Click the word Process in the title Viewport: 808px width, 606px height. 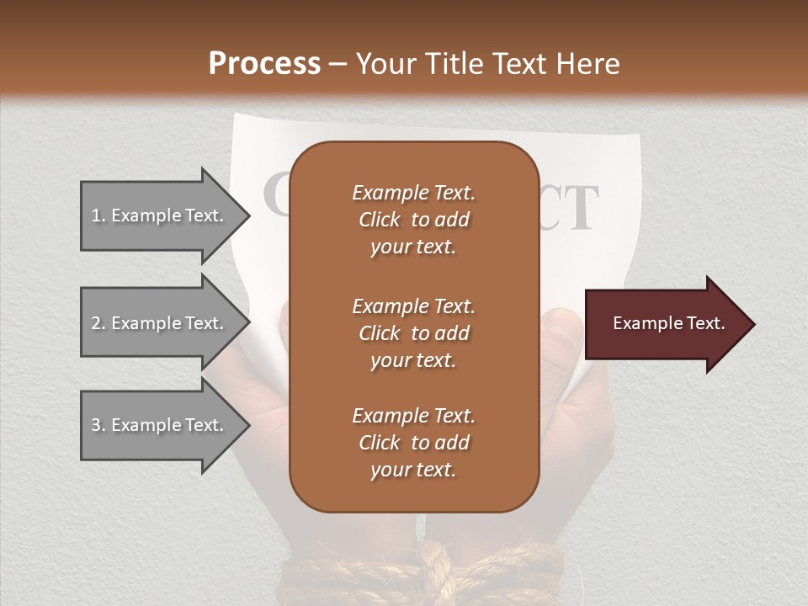(x=264, y=64)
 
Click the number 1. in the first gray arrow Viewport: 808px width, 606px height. (x=98, y=215)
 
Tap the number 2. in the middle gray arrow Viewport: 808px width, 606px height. (x=98, y=323)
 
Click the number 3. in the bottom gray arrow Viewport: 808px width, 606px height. (x=98, y=425)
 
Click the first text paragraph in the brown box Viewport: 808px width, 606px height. (x=413, y=220)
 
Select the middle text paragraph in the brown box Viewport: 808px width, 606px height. (x=413, y=332)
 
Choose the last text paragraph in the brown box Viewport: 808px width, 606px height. (x=413, y=443)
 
